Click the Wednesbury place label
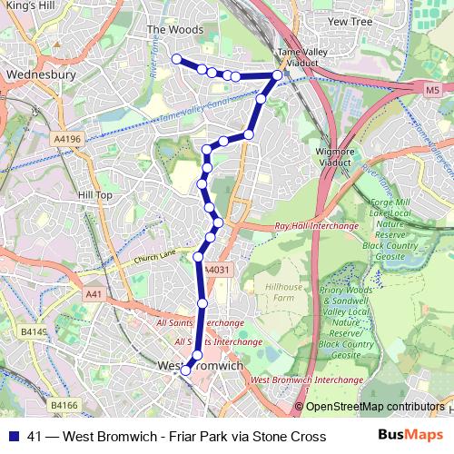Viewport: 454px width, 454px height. pyautogui.click(x=36, y=75)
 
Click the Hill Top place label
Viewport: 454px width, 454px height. pyautogui.click(x=95, y=195)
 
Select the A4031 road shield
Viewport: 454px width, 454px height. pyautogui.click(x=215, y=270)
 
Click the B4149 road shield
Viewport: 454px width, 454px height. pyautogui.click(x=34, y=331)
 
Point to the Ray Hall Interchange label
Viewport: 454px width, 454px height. pyautogui.click(x=311, y=227)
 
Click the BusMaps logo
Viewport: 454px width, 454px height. pyautogui.click(x=410, y=435)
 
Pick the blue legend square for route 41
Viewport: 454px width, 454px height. pyautogui.click(x=14, y=436)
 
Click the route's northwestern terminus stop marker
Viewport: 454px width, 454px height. pyautogui.click(x=176, y=60)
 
